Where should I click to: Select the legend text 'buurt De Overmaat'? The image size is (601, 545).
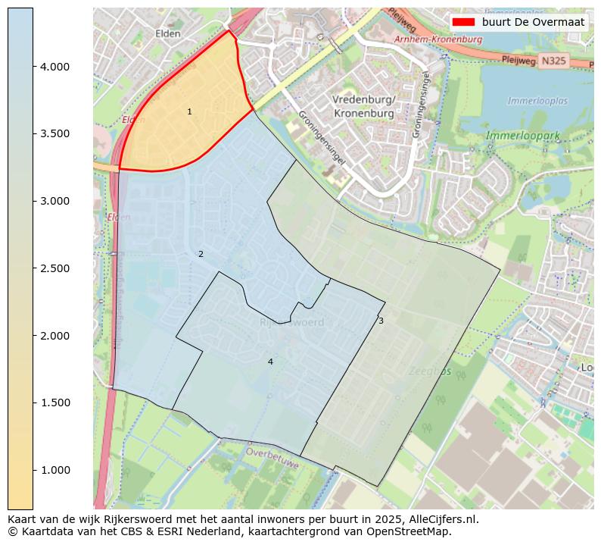(x=528, y=23)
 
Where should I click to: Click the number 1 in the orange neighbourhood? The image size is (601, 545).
(x=189, y=112)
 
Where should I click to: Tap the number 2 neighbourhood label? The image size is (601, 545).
(x=201, y=255)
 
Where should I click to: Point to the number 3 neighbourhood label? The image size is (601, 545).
(x=381, y=321)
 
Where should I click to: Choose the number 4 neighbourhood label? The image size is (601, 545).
(x=270, y=362)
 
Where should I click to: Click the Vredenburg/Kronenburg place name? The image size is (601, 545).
(x=363, y=107)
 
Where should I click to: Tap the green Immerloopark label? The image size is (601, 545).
(x=523, y=136)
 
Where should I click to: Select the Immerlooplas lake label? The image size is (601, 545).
(x=537, y=101)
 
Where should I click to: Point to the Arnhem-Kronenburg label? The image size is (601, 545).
(x=438, y=39)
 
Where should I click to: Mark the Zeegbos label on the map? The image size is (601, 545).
(x=429, y=371)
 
